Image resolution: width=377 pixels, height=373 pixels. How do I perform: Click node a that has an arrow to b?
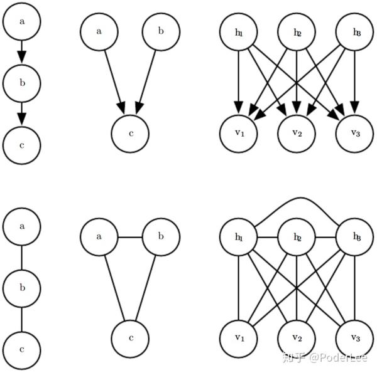[x=22, y=22]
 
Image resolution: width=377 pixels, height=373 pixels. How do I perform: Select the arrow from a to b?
[x=22, y=51]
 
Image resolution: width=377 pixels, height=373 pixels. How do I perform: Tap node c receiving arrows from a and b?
[x=130, y=133]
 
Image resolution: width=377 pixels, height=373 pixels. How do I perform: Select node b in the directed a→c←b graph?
[x=161, y=31]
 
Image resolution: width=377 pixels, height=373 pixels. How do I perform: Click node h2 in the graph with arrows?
[x=297, y=31]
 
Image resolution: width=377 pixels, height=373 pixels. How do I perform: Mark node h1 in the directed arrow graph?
[x=238, y=31]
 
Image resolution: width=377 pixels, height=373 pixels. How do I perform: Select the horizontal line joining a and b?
[x=130, y=237]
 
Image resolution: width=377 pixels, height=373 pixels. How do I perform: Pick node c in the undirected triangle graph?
[x=130, y=339]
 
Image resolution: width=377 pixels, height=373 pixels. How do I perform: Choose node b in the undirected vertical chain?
[x=22, y=288]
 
